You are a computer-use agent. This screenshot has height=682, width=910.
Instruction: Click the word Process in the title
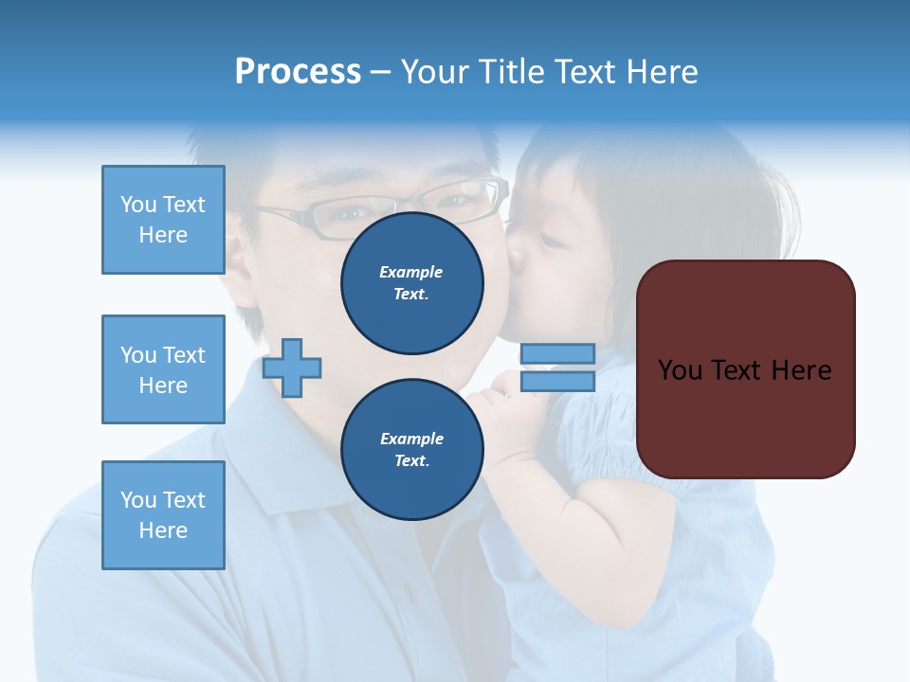pyautogui.click(x=298, y=72)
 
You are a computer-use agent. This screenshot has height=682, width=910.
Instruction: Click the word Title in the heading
pyautogui.click(x=510, y=72)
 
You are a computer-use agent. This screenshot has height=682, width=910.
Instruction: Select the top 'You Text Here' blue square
pyautogui.click(x=163, y=220)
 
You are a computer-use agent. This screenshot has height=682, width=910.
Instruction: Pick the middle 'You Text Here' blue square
pyautogui.click(x=163, y=369)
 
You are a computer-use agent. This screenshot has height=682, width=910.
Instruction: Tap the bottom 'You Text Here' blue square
pyautogui.click(x=163, y=514)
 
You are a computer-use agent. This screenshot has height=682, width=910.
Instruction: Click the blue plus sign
pyautogui.click(x=292, y=367)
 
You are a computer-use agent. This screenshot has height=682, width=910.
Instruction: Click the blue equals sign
pyautogui.click(x=557, y=368)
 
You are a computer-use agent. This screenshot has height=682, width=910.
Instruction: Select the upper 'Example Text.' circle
pyautogui.click(x=412, y=283)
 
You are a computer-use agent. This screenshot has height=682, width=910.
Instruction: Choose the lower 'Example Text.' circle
pyautogui.click(x=412, y=449)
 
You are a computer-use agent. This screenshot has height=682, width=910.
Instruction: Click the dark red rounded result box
pyautogui.click(x=746, y=369)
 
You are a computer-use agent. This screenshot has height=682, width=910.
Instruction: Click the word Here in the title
pyautogui.click(x=661, y=72)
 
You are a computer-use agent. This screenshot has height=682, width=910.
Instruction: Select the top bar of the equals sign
pyautogui.click(x=557, y=354)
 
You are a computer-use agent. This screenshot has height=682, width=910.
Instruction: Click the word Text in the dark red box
pyautogui.click(x=737, y=369)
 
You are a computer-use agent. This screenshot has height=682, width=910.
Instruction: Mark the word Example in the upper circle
pyautogui.click(x=411, y=272)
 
